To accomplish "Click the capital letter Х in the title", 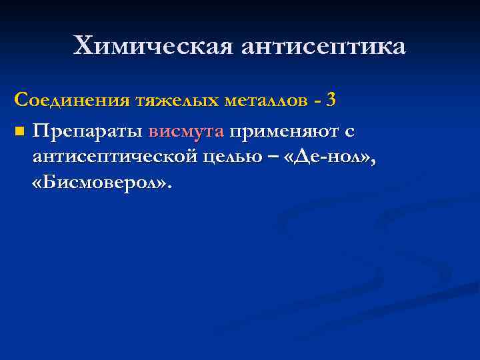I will [x=83, y=47].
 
